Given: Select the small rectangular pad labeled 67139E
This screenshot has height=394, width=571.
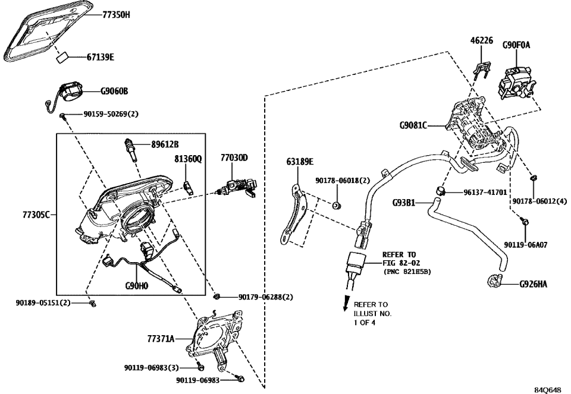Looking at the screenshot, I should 62,57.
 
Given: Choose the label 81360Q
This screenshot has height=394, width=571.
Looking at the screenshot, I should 187,159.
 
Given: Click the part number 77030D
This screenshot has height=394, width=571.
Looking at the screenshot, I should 234,157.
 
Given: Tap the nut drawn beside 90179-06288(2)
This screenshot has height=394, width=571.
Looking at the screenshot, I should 218,295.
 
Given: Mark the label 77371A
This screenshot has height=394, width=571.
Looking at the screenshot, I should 161,339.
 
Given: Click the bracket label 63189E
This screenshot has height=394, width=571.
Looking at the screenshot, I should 300,160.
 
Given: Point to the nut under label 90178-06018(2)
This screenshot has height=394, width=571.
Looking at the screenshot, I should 336,206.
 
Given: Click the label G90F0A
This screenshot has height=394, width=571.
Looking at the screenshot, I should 516,44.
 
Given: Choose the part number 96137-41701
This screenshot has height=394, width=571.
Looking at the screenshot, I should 485,193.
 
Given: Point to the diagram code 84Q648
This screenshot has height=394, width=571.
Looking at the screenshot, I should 547,389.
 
